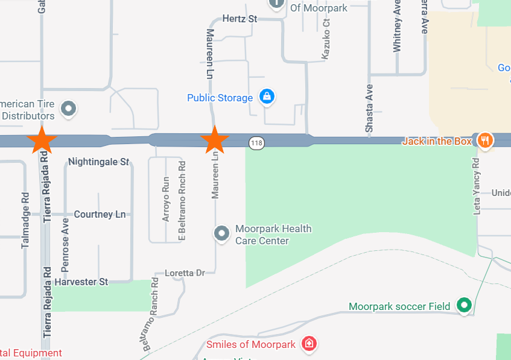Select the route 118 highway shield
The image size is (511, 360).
pos(256,143)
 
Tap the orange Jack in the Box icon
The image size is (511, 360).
pos(484,141)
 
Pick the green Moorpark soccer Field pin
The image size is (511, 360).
pos(463,305)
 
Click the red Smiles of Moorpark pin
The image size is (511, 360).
pos(309,344)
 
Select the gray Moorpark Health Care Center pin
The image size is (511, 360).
pos(222,233)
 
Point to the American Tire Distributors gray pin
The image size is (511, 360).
pos(69,109)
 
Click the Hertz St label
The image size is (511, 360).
pos(240,19)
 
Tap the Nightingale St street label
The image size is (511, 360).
pos(99,162)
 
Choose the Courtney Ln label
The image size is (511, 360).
pos(100,214)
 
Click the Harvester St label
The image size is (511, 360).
pos(81,282)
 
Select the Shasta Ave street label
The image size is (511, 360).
pos(369,108)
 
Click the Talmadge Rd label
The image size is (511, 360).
pos(25,221)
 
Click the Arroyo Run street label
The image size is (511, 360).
pos(167,199)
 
